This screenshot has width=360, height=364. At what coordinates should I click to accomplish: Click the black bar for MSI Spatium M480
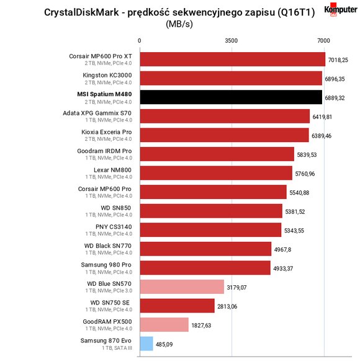pos(231,97)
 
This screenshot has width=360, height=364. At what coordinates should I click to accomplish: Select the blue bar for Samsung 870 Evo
pos(146,344)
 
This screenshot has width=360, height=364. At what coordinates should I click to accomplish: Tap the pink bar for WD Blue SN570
pos(182,286)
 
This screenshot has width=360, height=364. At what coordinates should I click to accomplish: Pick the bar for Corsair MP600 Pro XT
pos(233,59)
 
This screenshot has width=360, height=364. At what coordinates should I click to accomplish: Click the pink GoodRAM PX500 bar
pos(164,324)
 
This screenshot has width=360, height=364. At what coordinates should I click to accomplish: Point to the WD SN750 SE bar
pos(178,306)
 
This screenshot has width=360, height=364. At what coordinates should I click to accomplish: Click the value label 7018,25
pos(338,60)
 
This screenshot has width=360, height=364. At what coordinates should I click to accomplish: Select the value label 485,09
pos(164,345)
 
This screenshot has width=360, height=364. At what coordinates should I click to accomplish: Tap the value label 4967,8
pos(282,250)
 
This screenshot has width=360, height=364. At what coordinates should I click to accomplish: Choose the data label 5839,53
pos(307,155)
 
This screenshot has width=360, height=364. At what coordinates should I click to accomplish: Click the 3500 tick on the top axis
pos(232,41)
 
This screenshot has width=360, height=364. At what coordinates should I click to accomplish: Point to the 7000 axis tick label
pos(323,41)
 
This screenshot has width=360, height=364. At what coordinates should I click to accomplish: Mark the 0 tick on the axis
pos(139,41)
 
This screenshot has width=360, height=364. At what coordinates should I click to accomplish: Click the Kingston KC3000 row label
pos(107,75)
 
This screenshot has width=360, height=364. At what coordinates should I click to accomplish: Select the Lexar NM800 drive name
pos(112,170)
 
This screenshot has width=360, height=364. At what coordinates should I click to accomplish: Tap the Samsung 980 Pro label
pos(106,265)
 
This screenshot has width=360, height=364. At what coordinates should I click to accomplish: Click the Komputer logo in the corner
pos(341,10)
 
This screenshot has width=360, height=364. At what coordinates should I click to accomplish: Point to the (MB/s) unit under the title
pos(179,24)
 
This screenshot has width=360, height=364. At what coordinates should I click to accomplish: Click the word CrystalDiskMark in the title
pos(81,12)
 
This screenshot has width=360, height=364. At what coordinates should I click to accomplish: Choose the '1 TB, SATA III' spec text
pos(117,348)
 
